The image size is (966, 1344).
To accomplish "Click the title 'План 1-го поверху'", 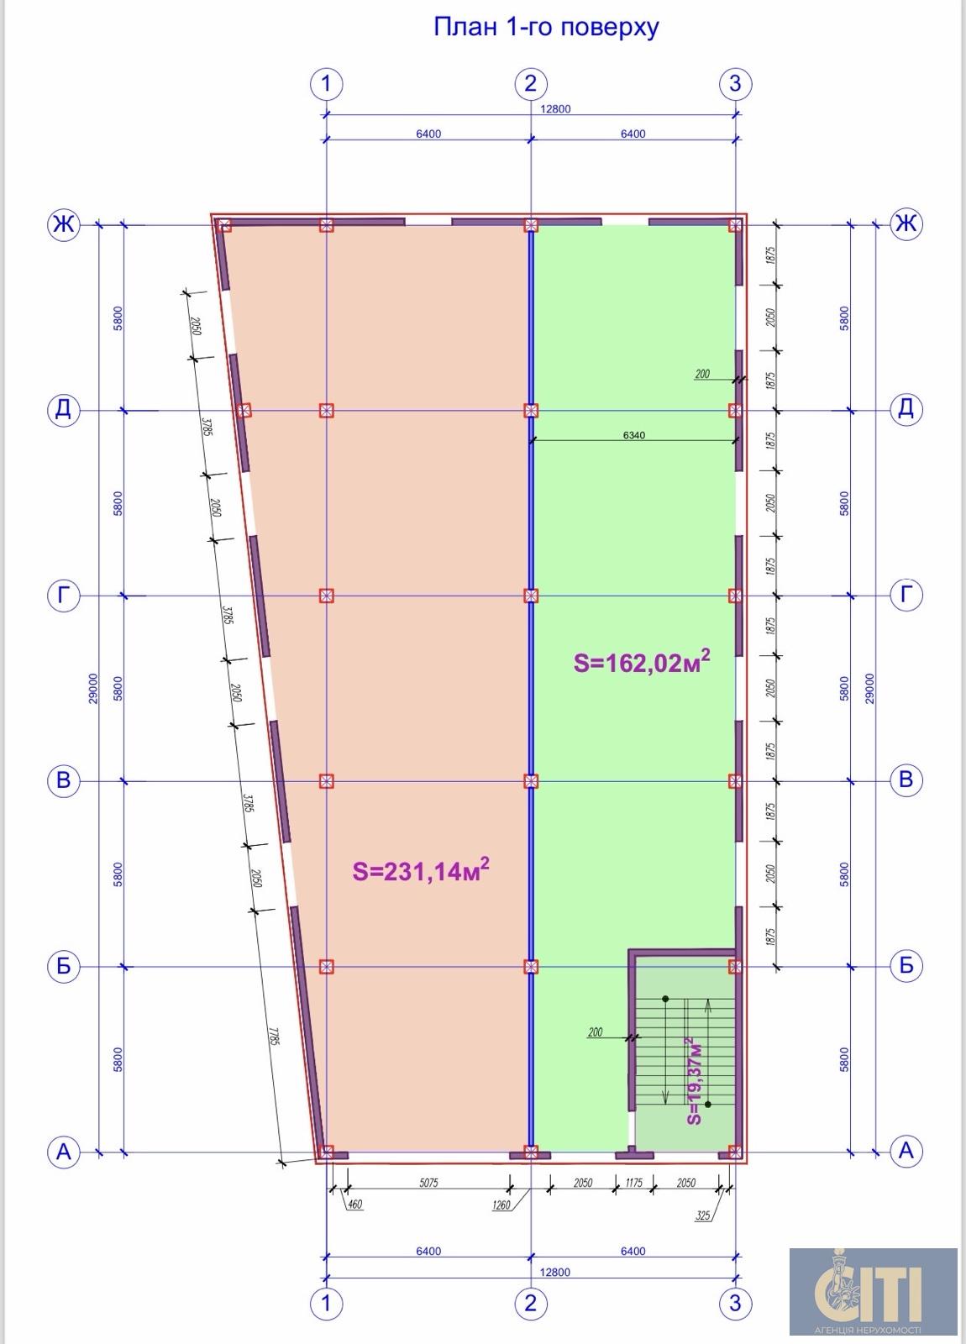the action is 546,28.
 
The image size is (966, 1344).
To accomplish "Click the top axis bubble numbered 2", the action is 531,83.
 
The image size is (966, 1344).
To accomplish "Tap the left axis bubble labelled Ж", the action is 64,224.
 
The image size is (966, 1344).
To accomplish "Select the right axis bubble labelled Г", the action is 906,596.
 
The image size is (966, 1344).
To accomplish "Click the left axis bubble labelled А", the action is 64,1152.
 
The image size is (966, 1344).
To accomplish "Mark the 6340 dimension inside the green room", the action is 633,435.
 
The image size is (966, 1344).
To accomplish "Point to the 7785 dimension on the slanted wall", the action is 274,1037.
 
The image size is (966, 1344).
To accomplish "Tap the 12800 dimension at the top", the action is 555,108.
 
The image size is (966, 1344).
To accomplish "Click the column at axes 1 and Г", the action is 327,596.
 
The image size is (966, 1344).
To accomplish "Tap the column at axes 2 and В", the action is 531,780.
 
